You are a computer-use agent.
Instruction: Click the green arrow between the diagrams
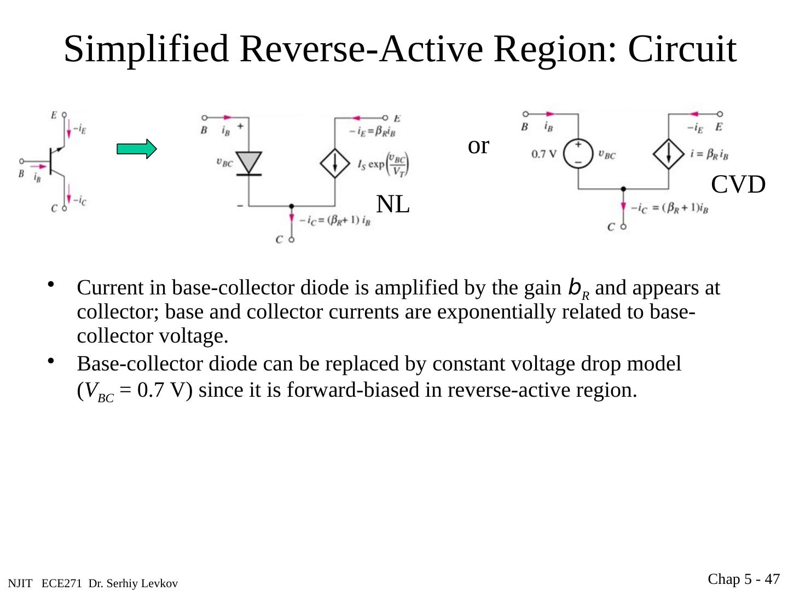coord(137,149)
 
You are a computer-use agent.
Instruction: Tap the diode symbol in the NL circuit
coord(248,163)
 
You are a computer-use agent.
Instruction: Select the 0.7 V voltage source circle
coord(578,154)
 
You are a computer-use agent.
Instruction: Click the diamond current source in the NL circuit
coord(335,163)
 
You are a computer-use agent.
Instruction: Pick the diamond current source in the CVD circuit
coord(669,154)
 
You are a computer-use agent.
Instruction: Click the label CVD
coord(738,185)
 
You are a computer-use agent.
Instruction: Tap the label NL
coord(393,205)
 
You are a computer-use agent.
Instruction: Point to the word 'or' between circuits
coord(478,146)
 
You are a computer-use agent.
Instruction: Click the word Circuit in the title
coord(682,49)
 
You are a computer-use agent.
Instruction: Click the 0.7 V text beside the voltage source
coord(543,154)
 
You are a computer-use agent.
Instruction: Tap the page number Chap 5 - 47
coord(744,579)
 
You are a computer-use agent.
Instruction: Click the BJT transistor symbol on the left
coord(55,161)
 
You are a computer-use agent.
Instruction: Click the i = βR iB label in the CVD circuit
coord(709,154)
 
